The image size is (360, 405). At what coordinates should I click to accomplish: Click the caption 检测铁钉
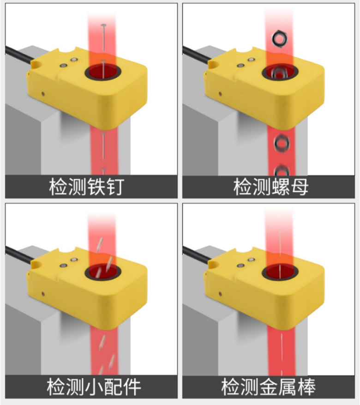pos(87,187)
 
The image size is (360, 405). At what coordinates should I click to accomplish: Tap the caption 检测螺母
pos(271,187)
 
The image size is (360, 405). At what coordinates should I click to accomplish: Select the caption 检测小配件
pos(94,387)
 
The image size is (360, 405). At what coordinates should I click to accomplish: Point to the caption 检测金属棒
pos(269,387)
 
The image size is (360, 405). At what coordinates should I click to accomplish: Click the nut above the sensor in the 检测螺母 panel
pos(279,39)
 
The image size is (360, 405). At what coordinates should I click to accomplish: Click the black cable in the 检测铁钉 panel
pos(19,54)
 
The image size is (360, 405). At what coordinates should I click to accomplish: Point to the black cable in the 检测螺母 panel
pos(197,54)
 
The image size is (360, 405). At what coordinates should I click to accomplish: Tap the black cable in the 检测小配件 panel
pos(19,254)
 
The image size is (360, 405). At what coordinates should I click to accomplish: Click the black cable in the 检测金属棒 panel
pos(197,254)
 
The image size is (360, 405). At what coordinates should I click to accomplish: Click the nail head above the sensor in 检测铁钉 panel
pos(104,25)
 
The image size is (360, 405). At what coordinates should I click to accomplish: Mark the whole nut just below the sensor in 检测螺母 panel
pos(282,143)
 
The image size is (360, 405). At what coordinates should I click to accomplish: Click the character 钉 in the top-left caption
pos(115,187)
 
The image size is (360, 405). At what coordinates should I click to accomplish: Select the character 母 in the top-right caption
pos(300,187)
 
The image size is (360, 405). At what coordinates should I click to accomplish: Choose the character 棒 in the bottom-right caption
pos(306,387)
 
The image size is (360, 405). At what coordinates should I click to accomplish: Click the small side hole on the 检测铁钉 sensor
pos(43,94)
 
